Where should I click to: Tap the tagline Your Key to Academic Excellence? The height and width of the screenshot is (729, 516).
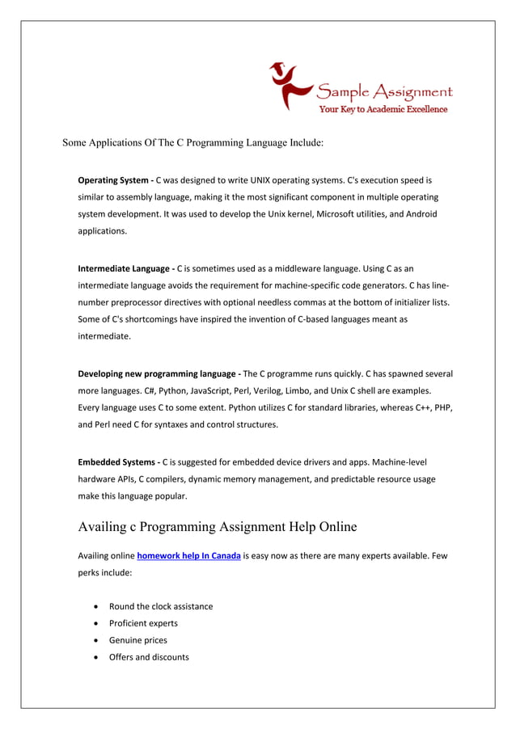[383, 110]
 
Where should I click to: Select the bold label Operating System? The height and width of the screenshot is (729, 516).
[112, 180]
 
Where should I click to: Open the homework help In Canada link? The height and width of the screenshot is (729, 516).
[188, 556]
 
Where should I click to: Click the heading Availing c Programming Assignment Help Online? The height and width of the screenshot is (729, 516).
[217, 527]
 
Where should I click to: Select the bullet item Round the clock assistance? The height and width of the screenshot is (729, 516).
[161, 606]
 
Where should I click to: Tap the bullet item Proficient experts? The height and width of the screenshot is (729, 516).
[143, 623]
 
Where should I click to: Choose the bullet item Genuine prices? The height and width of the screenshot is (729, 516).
[138, 640]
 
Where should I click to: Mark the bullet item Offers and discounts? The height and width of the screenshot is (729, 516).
[149, 657]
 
